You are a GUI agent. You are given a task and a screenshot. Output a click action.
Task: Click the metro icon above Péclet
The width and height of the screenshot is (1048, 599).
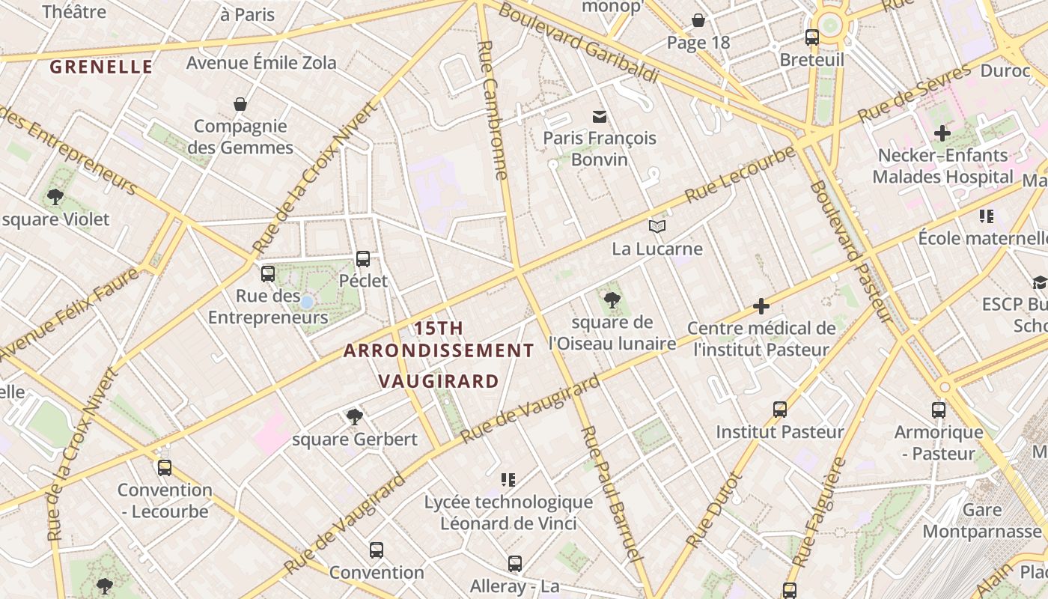click(363, 259)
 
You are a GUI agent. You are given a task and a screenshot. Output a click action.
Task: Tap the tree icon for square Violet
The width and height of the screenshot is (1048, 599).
click(55, 198)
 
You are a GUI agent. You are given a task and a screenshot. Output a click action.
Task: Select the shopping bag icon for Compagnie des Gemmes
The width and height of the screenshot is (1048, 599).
click(240, 104)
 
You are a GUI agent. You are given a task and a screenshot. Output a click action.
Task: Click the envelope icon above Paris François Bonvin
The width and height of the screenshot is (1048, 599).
click(599, 116)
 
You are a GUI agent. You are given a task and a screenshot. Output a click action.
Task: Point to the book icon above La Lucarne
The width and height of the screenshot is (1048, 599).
click(657, 226)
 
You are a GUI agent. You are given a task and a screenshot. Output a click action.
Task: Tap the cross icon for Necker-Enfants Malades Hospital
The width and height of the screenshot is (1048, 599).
click(942, 133)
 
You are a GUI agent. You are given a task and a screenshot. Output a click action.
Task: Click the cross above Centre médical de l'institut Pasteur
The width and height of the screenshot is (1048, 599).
click(761, 306)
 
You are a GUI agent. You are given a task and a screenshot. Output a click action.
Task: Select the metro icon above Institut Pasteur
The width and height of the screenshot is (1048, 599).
click(780, 410)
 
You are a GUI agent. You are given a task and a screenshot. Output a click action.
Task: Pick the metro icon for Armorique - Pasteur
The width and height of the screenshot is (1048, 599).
click(939, 410)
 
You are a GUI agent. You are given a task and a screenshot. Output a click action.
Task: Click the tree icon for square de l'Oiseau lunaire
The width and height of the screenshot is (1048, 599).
click(612, 300)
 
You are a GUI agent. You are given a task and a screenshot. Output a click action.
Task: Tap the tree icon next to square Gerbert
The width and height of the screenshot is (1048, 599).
click(355, 416)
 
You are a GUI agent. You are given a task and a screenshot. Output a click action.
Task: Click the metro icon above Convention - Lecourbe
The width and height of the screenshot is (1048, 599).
click(165, 468)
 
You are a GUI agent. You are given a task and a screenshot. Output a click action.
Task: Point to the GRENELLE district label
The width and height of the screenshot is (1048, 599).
click(101, 67)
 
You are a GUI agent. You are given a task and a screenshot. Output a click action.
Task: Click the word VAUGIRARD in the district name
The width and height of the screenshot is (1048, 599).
click(439, 380)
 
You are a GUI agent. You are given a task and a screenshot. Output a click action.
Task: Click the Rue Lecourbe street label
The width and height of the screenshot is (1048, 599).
click(740, 174)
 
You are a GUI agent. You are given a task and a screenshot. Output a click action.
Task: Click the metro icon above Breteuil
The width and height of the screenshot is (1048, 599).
click(812, 37)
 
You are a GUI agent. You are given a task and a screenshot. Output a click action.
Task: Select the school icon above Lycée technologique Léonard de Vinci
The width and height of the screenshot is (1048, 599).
click(508, 479)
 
